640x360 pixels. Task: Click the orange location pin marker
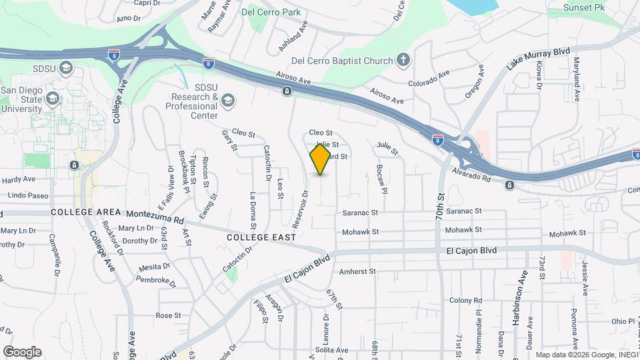(x=320, y=159)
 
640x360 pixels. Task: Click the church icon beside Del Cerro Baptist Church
(x=403, y=61)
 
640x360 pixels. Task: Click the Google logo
(x=21, y=352)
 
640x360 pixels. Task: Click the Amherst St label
(x=358, y=271)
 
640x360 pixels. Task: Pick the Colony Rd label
(x=465, y=300)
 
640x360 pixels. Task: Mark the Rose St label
(x=168, y=315)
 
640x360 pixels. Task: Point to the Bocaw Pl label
(x=381, y=179)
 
